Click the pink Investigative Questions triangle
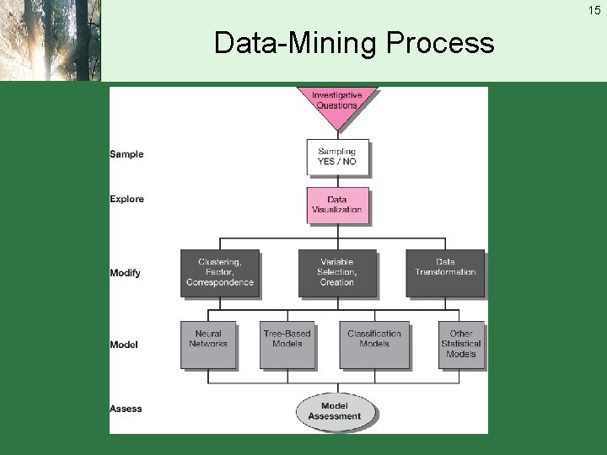point(336,104)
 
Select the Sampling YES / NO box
point(336,157)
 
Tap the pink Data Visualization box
point(336,205)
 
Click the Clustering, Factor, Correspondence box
point(219,272)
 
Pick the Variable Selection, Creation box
point(336,272)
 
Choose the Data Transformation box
point(445,272)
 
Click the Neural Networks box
point(208,343)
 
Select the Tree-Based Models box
point(287,343)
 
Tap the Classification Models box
point(373,343)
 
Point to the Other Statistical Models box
point(461,343)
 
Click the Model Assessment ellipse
point(335,411)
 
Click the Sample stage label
point(126,154)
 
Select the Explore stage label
point(126,200)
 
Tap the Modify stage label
point(125,273)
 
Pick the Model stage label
point(124,345)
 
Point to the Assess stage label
point(126,409)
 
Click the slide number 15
point(595,9)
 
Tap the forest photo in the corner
point(50,40)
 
